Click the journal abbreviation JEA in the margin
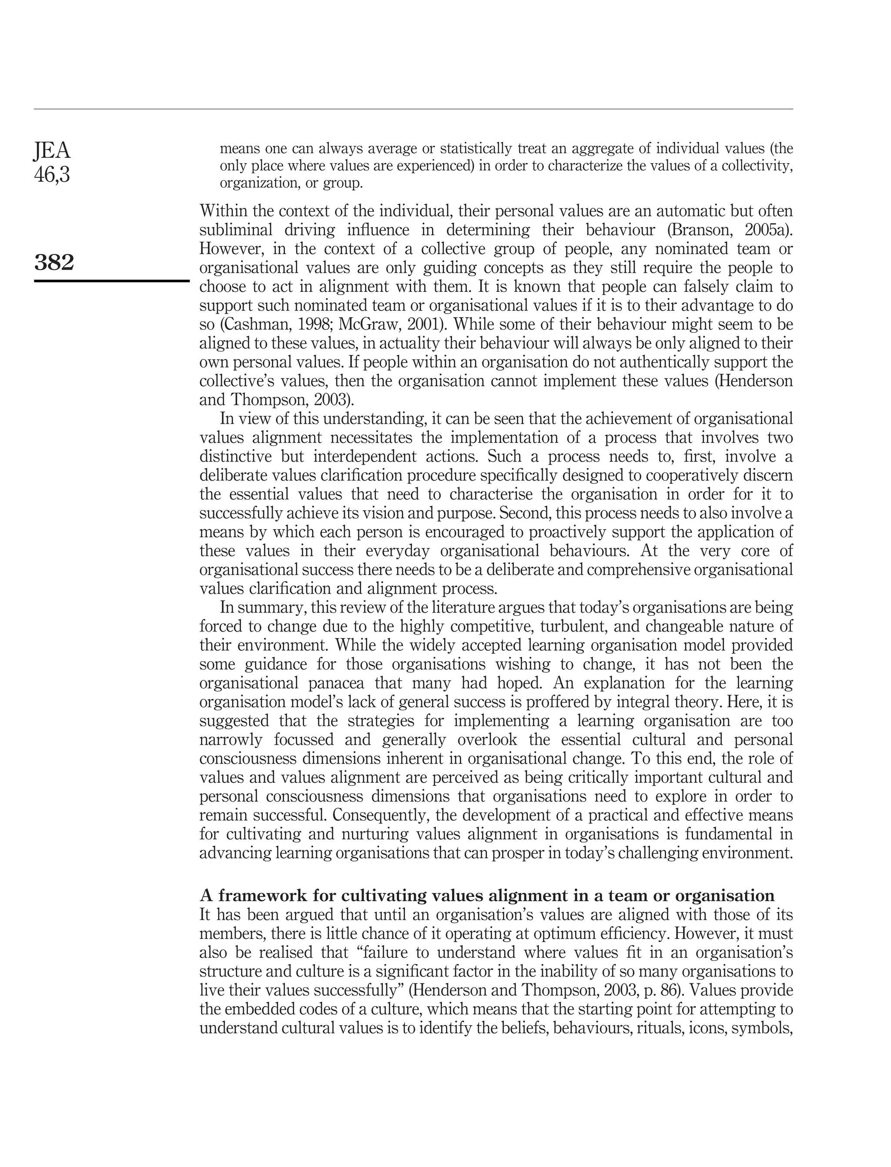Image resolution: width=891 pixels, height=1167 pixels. pyautogui.click(x=51, y=151)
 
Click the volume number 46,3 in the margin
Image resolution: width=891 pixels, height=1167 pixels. pyautogui.click(x=51, y=174)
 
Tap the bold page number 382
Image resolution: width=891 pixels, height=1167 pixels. pyautogui.click(x=54, y=262)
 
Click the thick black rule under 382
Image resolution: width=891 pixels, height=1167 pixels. pyautogui.click(x=111, y=281)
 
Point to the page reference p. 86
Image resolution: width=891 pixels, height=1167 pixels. pyautogui.click(x=692, y=990)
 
